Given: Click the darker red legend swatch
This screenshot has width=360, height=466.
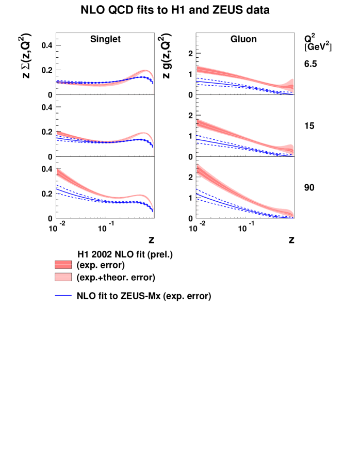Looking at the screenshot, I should point(63,265).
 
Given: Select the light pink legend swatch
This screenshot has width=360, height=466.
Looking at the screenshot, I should point(63,277).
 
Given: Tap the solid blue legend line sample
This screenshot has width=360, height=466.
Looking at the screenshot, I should point(63,295).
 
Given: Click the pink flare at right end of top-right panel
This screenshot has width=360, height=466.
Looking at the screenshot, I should point(291,82).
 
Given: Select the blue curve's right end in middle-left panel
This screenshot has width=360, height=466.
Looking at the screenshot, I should point(153,147).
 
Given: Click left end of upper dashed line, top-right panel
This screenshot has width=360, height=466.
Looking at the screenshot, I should point(198,78).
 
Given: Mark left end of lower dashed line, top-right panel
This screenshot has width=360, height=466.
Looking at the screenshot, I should point(198,84).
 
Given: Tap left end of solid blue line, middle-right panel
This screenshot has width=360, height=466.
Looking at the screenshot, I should point(198,139).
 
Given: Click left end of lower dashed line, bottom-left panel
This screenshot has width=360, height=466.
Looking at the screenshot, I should point(57,193).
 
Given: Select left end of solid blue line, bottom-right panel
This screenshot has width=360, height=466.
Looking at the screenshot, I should point(198,194).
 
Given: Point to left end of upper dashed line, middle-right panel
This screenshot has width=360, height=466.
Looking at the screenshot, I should point(198,136).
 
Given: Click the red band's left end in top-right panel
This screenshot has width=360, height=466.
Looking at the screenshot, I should point(198,69).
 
